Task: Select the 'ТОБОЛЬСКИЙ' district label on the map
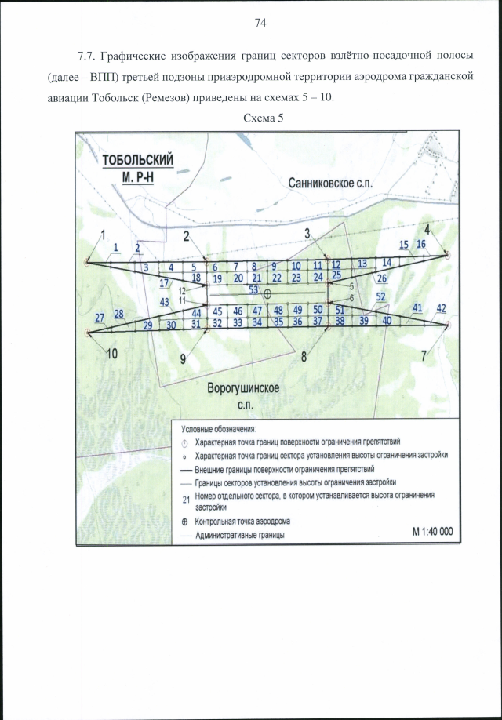(138, 160)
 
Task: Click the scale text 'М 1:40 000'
(433, 530)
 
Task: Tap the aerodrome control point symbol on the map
(267, 293)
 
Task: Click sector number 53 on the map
(253, 289)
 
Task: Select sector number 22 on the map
(276, 278)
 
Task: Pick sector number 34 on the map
(256, 322)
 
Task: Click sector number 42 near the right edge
(441, 307)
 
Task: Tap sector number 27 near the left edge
(100, 317)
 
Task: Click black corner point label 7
(424, 355)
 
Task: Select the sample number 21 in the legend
(186, 500)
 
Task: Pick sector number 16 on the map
(420, 245)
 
